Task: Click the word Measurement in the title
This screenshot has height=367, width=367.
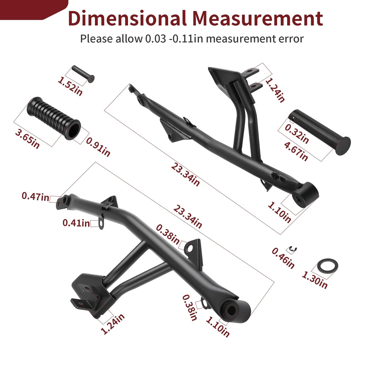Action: coord(257,19)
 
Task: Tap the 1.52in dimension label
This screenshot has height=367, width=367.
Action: coord(70,87)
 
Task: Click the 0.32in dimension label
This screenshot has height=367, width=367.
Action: coord(297,134)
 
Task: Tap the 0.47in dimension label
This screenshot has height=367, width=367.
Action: coord(35,196)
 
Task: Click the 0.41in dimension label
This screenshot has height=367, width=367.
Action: coord(76,223)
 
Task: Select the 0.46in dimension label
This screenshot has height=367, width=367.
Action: coord(283,258)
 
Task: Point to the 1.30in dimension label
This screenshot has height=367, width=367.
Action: coord(315,280)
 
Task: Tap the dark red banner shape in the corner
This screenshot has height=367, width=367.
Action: coord(30,9)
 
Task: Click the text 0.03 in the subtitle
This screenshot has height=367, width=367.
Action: coord(155,39)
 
